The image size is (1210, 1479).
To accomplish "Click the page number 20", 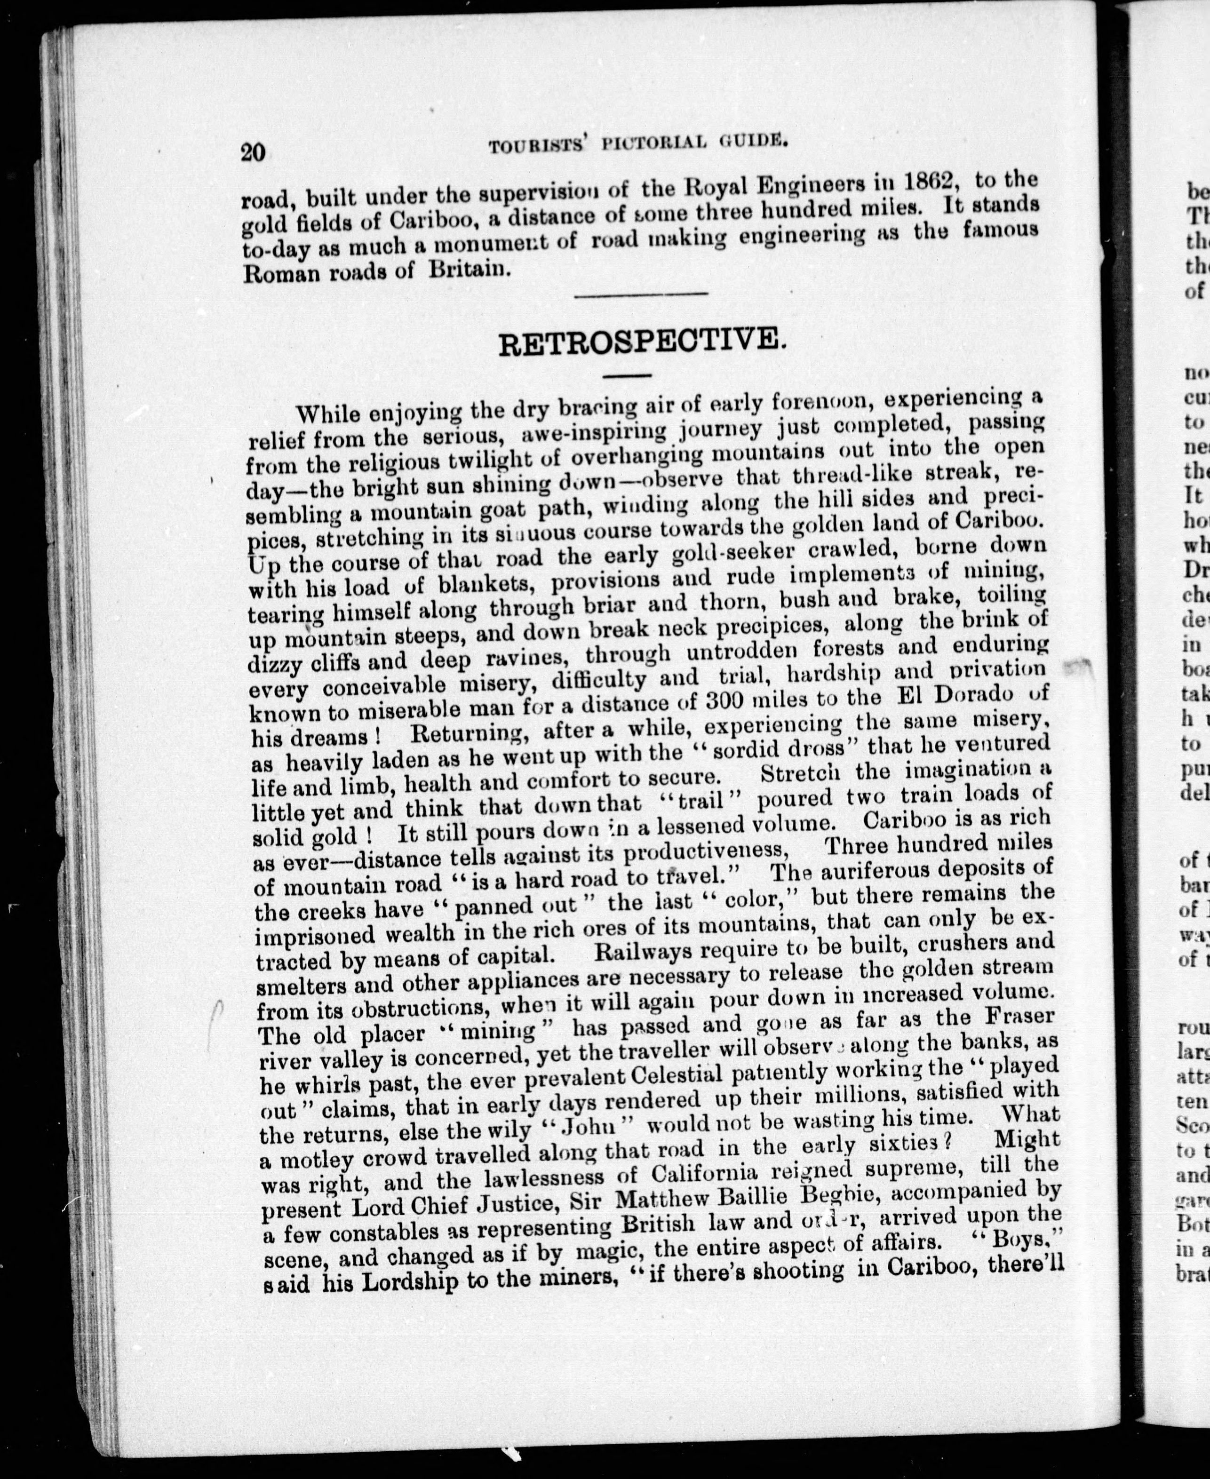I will point(252,151).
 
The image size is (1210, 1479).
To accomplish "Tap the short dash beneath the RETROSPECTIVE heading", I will point(627,376).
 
